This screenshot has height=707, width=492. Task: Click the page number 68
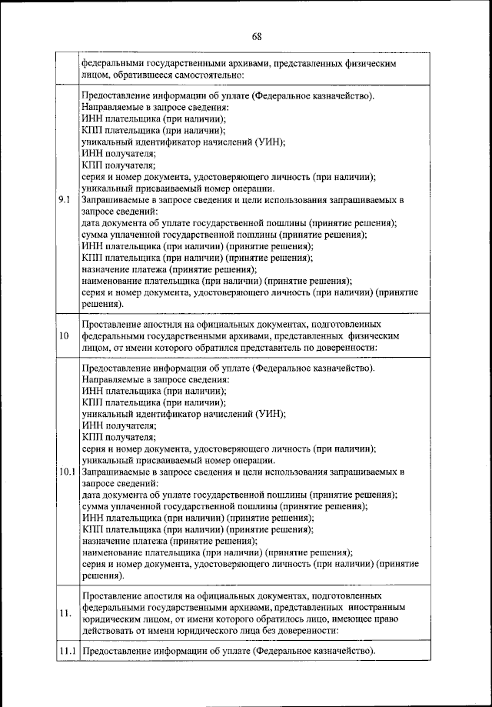pyautogui.click(x=256, y=36)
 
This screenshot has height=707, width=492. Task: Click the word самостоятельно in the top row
pyautogui.click(x=206, y=75)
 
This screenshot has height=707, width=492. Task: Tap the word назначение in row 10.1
pyautogui.click(x=108, y=541)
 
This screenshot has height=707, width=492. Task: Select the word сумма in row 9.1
pyautogui.click(x=96, y=235)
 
